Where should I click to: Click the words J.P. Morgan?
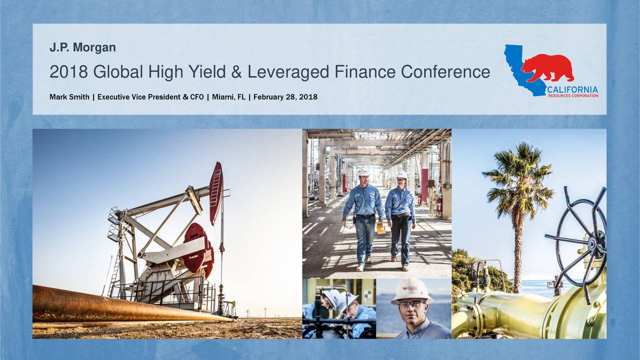(82, 48)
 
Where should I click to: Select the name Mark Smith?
(69, 96)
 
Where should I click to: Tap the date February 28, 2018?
(285, 96)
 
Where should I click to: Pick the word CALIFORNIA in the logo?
(572, 89)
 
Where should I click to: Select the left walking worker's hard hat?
(363, 171)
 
